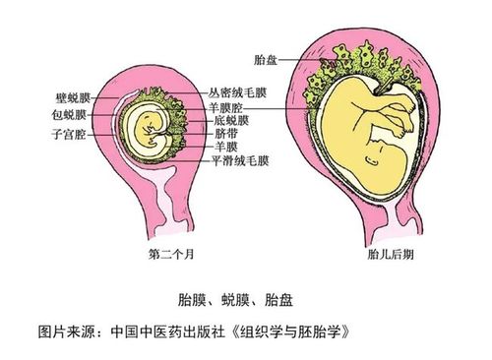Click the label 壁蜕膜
tap(73, 96)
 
